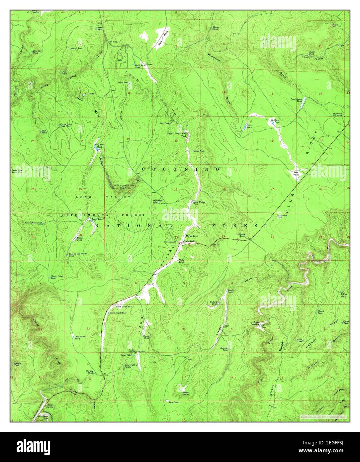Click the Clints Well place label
point(188,242)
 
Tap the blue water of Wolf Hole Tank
point(97,149)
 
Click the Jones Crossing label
point(255,323)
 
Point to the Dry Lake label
point(173,402)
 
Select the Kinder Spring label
point(186,394)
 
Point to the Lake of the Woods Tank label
point(78,255)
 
